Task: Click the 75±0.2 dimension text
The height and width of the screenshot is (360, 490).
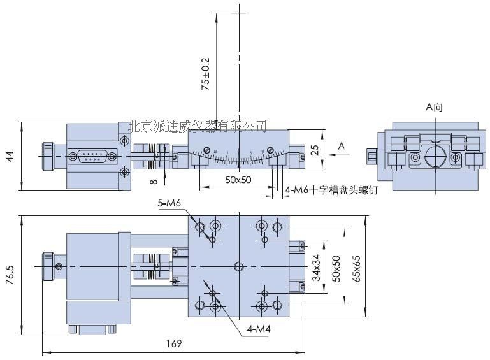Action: click(x=205, y=74)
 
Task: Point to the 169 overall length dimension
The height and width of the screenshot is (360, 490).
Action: click(x=173, y=343)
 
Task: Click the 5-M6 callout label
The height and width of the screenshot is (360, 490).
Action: click(x=169, y=203)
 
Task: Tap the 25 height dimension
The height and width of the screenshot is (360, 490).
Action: click(x=313, y=151)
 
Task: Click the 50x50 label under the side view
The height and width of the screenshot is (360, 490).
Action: click(x=238, y=180)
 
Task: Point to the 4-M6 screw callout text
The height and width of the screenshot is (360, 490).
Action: click(x=331, y=189)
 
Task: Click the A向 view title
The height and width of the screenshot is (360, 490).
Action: click(x=434, y=107)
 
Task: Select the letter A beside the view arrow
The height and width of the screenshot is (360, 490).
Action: click(x=341, y=146)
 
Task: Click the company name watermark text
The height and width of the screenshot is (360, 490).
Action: click(x=197, y=126)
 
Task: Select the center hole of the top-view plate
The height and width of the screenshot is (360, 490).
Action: click(x=238, y=266)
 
